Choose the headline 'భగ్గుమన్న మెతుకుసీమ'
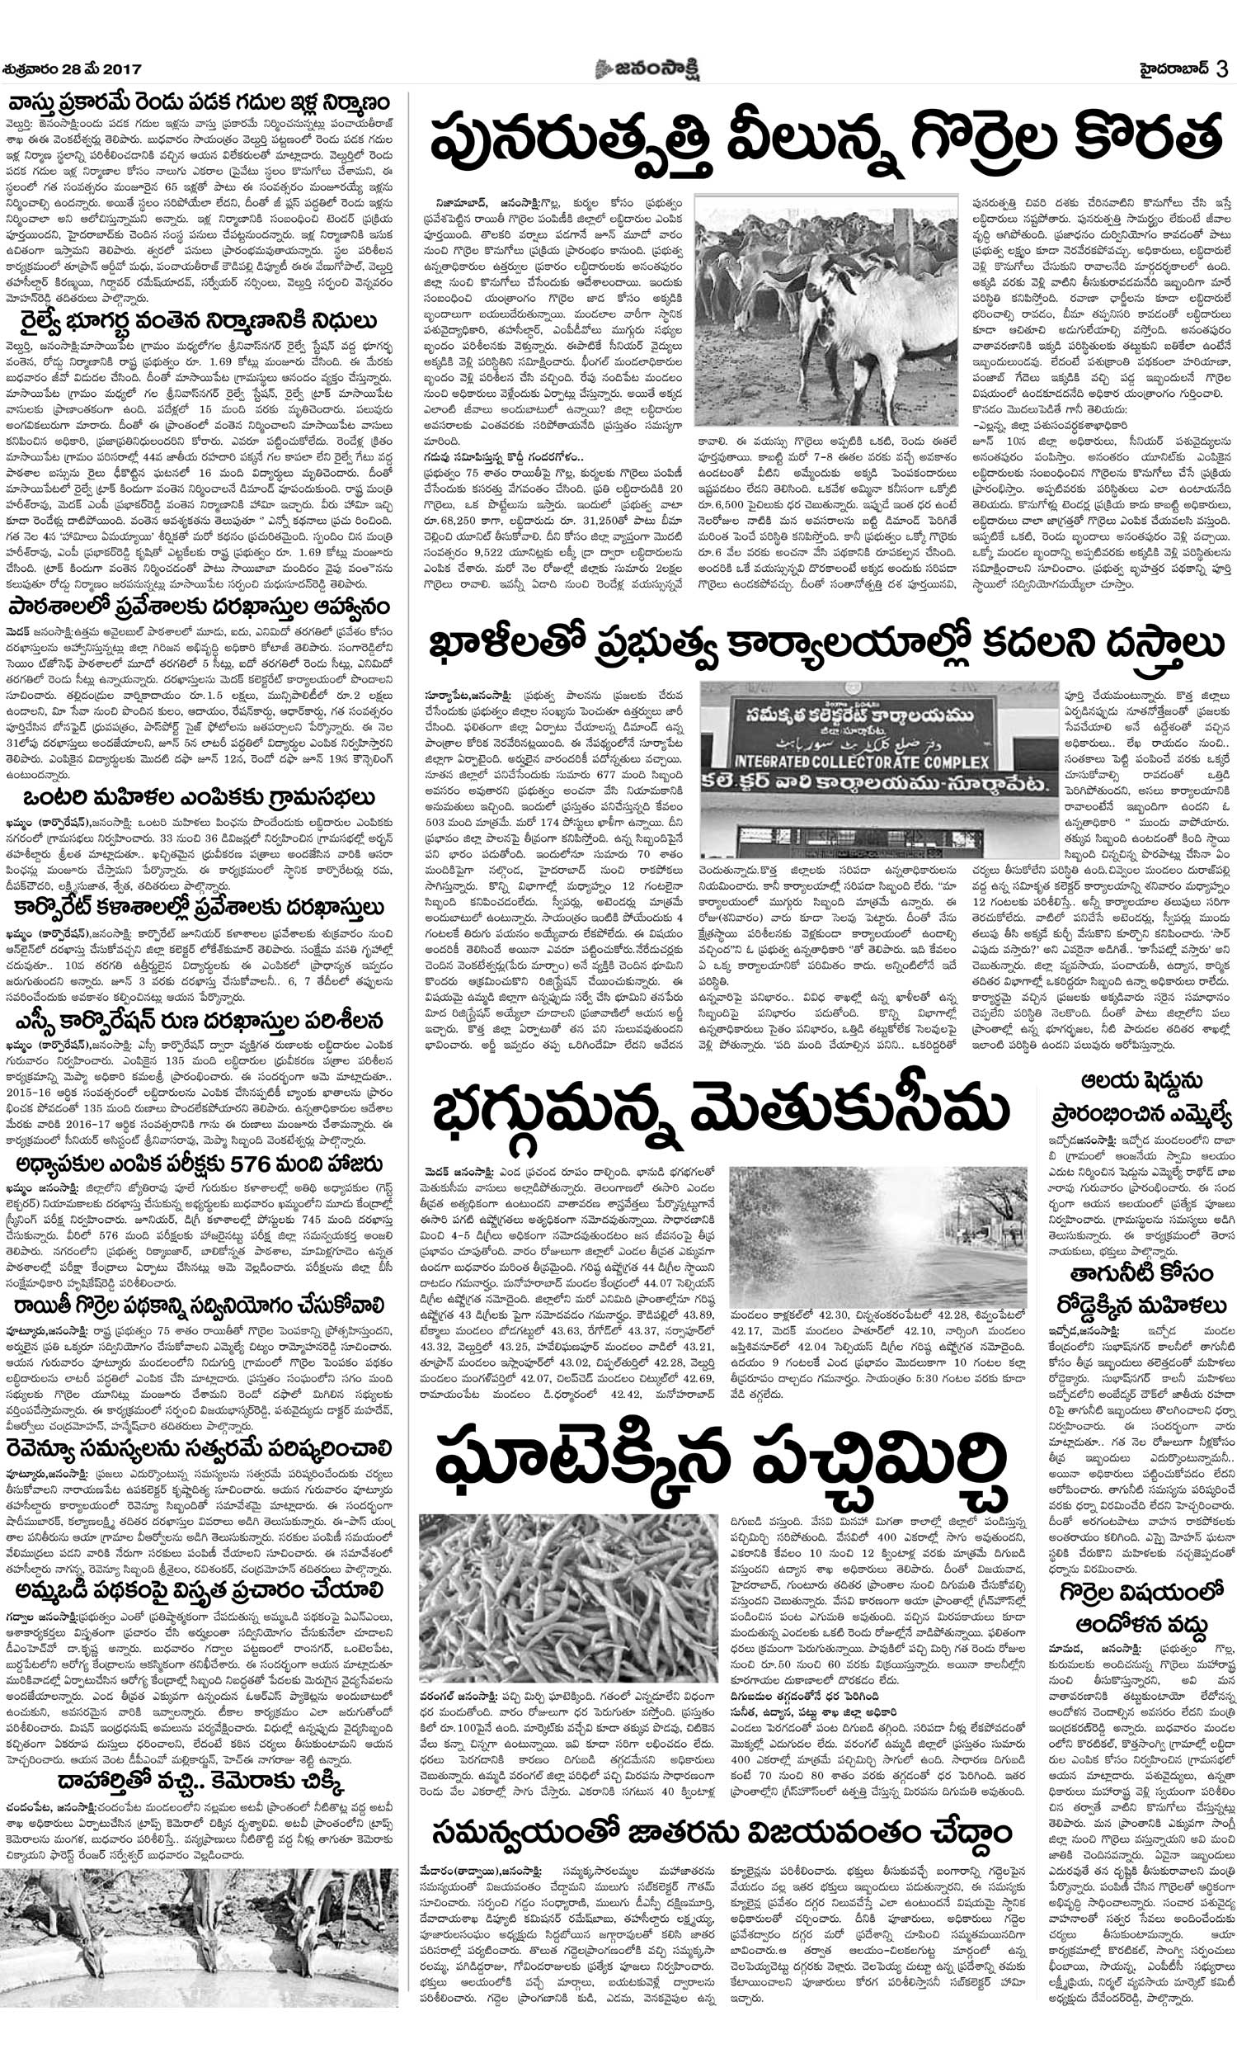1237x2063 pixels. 722,1108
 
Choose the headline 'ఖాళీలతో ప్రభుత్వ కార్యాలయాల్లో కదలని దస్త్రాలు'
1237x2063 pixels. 825,645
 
